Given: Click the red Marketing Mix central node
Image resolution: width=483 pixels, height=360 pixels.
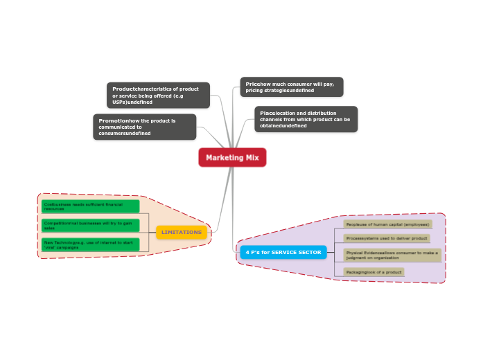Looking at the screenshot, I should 232,158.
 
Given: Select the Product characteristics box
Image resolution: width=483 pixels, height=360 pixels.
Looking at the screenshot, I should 158,96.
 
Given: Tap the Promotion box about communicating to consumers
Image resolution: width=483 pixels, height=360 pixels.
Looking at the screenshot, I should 145,127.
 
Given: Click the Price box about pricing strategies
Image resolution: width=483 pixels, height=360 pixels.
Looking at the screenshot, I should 292,87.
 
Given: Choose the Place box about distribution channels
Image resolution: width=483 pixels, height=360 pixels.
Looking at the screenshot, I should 306,119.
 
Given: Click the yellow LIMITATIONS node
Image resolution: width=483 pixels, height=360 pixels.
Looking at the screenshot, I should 182,233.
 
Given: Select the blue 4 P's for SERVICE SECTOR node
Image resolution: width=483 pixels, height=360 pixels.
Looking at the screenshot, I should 283,252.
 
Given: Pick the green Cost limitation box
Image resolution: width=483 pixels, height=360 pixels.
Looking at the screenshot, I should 90,206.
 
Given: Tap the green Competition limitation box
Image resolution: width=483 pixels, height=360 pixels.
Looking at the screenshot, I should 90,225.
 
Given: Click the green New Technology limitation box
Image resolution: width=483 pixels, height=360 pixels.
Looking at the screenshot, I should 90,244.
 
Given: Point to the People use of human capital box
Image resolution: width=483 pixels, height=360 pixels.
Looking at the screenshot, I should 387,224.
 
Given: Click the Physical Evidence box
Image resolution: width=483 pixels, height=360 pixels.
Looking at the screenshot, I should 392,255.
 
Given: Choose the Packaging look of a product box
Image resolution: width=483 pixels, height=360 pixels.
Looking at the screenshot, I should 374,272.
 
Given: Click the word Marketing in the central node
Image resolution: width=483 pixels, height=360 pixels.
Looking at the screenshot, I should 222,158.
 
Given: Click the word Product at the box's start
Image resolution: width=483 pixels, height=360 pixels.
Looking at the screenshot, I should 123,89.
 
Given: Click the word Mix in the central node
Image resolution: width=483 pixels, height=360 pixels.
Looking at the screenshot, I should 252,158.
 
